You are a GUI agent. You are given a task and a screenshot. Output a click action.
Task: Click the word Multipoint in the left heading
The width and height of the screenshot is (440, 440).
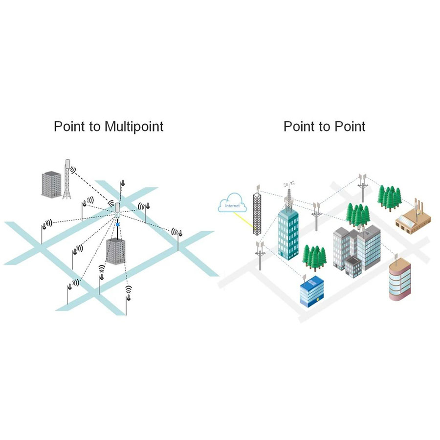click(x=133, y=127)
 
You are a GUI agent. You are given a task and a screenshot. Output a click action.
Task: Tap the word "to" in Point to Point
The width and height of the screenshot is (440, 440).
click(x=325, y=127)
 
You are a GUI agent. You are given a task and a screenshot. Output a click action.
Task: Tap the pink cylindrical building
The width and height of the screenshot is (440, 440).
click(x=399, y=281)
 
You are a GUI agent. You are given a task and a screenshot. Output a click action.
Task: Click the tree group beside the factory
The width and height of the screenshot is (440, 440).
click(x=390, y=196)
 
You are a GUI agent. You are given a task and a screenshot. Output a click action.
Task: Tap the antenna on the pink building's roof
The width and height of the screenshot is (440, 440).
click(x=396, y=255)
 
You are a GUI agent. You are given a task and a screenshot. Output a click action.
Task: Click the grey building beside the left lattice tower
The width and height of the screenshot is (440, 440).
click(x=51, y=184)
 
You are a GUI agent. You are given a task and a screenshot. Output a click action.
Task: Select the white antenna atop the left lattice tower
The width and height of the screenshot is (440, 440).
click(x=67, y=164)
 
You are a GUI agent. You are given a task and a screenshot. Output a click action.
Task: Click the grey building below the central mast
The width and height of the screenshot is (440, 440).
click(x=116, y=251)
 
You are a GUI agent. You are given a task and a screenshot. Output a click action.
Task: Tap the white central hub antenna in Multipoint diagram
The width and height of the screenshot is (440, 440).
click(x=117, y=209)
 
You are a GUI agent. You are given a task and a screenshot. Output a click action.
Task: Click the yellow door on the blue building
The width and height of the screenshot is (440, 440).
click(x=318, y=297)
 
